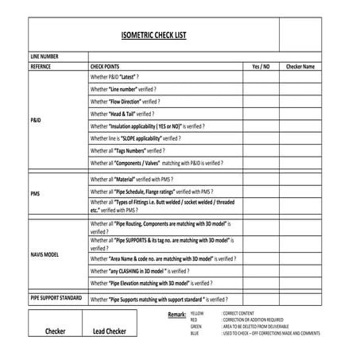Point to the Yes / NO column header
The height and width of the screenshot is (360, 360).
(x=261, y=67)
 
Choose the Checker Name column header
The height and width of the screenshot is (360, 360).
(x=300, y=67)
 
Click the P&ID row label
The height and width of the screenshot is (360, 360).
(x=36, y=119)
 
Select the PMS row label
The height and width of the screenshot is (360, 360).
(x=35, y=193)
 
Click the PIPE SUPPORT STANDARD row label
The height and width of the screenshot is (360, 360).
(x=56, y=297)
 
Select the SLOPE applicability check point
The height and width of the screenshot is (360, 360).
(x=136, y=137)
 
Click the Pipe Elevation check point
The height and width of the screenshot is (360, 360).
(x=151, y=283)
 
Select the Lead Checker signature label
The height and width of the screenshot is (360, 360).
(x=110, y=331)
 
